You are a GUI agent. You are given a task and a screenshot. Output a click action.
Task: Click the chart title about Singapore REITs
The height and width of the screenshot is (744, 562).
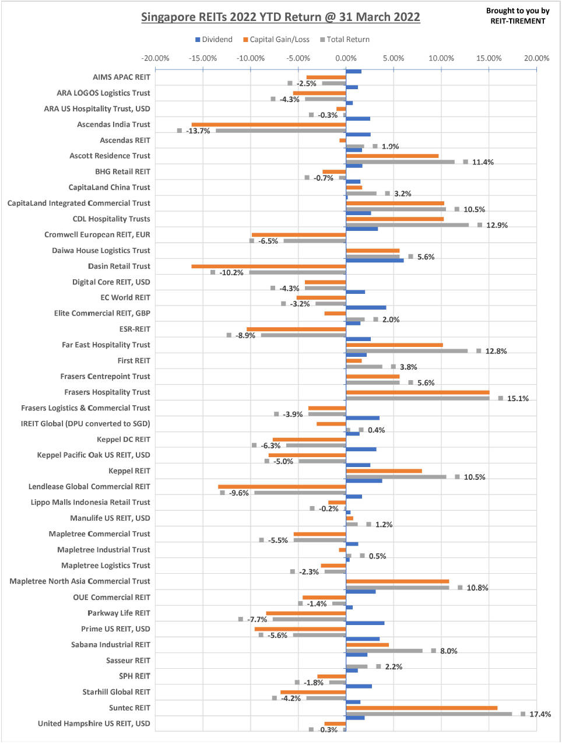[x=280, y=17]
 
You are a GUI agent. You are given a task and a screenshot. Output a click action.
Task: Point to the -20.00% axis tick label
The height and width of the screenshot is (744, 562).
[x=156, y=58]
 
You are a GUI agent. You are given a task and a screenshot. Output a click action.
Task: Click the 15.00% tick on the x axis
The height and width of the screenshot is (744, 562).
[x=489, y=58]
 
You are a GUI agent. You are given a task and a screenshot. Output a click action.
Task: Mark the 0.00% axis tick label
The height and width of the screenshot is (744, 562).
[x=346, y=58]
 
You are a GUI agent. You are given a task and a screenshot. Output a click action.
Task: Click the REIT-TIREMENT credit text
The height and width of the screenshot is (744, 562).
[x=518, y=16]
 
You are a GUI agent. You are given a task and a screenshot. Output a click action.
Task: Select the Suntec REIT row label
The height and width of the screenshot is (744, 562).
[x=129, y=708]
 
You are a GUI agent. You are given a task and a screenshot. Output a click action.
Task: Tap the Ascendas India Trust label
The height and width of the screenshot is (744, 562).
[x=114, y=124]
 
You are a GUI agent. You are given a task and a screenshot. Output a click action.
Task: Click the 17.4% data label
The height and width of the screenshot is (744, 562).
[x=540, y=714]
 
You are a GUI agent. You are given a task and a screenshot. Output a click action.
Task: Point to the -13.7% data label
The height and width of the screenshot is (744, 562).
[x=198, y=131]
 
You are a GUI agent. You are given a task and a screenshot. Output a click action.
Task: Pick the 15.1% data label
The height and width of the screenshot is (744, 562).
[x=518, y=399]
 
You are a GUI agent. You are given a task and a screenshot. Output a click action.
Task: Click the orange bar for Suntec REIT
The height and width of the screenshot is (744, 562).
[x=421, y=708]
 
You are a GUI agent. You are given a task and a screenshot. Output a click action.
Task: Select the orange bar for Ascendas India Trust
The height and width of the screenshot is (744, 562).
[x=269, y=124]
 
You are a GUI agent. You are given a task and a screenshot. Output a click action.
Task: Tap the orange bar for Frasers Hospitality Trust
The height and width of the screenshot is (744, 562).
[x=417, y=392]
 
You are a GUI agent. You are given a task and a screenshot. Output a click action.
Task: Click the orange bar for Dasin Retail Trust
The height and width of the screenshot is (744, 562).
[x=269, y=266]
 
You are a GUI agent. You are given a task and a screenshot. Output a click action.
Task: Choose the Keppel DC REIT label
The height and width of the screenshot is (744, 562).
[x=124, y=440]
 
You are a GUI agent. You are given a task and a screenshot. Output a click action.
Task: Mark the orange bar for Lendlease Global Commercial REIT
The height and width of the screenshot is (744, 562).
[x=282, y=487]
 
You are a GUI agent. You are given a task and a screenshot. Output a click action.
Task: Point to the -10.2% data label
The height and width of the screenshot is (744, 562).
[x=231, y=273]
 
